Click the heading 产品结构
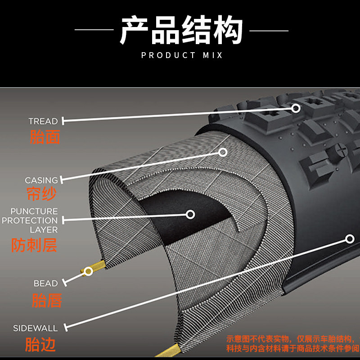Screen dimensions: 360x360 coord(181,30)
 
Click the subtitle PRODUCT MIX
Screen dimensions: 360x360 coord(182,55)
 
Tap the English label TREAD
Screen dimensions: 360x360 coord(43,121)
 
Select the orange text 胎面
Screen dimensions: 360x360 coord(45,136)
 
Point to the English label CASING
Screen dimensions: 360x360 coord(41,180)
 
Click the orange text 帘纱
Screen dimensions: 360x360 coord(41,194)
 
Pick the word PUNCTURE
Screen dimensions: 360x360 coord(34,211)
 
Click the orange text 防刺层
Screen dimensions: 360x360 coord(34,246)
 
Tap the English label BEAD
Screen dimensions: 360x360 coord(46,283)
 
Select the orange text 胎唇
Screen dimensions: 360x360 coord(47,300)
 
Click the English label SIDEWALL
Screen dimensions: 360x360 coord(36,328)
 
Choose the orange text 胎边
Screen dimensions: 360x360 coord(40,345)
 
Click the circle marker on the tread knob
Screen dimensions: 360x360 coord(296,108)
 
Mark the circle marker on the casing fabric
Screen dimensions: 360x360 coord(223,152)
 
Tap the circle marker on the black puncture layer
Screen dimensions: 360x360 coord(190,214)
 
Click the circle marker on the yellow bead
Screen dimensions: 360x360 coord(89,271)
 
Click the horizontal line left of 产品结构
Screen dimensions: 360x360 coord(94,30)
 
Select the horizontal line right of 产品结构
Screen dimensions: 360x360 coord(269,30)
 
